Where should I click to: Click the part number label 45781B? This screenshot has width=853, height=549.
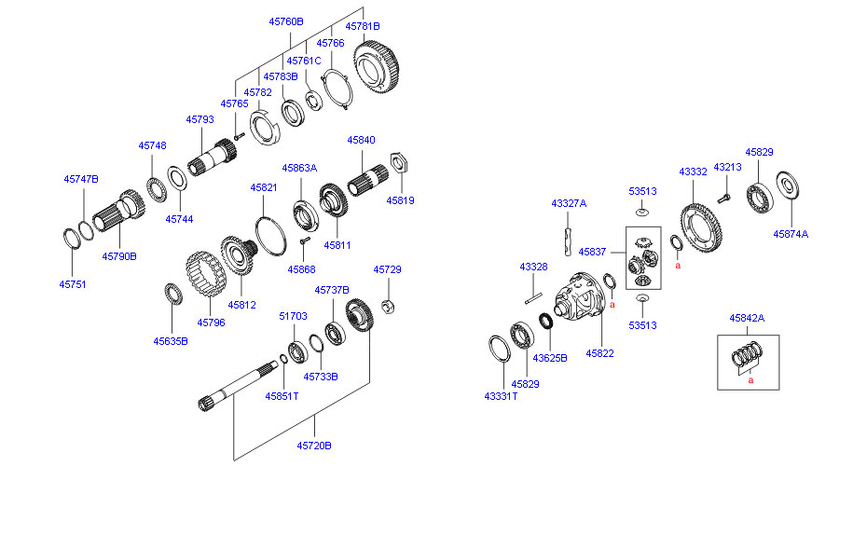363,26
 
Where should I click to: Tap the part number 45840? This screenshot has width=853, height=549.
361,140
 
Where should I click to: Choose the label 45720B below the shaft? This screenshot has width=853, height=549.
314,446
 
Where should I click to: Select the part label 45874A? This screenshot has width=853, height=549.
791,235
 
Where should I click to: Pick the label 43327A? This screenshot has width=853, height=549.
569,203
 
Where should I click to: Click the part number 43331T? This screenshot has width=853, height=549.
501,396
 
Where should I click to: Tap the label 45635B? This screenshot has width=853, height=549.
171,341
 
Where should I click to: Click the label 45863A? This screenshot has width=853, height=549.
299,168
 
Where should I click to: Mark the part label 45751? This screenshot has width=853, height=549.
72,284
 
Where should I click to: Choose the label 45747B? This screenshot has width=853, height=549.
81,178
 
